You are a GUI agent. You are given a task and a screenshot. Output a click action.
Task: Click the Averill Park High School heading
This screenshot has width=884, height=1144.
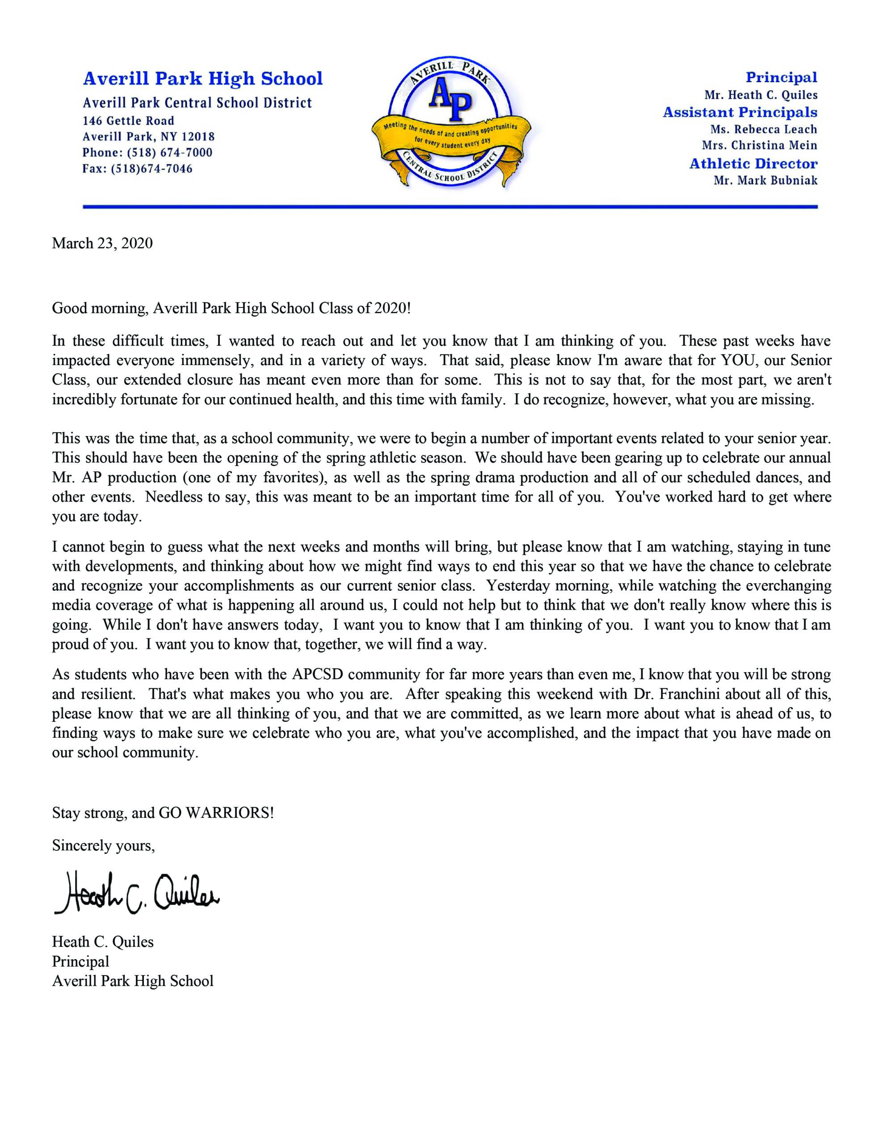point(203,79)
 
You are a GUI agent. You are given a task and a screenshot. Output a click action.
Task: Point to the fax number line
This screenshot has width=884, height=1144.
point(137,168)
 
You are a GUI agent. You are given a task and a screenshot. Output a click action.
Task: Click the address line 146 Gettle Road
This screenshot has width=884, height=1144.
point(128,121)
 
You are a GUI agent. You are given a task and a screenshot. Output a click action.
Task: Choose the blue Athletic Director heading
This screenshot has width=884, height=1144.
point(753,164)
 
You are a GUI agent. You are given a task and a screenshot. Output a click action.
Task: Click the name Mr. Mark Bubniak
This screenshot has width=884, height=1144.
point(765,180)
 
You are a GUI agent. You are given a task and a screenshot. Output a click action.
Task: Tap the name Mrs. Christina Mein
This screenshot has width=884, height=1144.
point(759,146)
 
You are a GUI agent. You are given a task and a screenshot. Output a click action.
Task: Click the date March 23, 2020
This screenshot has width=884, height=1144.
point(102,244)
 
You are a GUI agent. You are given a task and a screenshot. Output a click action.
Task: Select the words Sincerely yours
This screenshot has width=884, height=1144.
point(103,845)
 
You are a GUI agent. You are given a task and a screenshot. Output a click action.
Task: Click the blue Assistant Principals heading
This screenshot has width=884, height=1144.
point(740,112)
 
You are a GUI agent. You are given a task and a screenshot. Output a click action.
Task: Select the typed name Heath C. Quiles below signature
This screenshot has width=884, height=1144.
point(103,942)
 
